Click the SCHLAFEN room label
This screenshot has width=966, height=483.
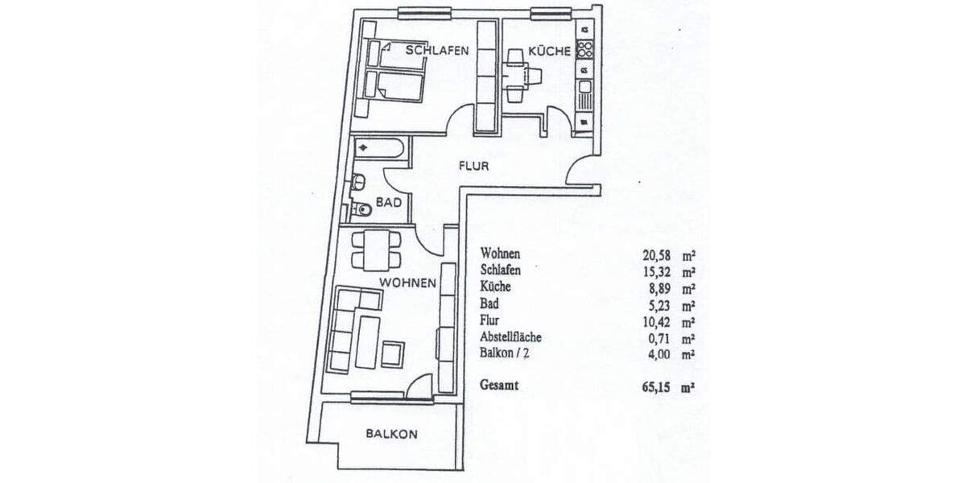tap(437, 50)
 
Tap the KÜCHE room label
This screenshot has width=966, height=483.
tap(550, 51)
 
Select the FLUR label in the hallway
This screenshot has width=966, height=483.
tap(473, 167)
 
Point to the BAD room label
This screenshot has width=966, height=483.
tap(389, 204)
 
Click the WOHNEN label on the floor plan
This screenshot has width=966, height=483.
tap(408, 283)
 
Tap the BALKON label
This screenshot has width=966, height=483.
tap(391, 434)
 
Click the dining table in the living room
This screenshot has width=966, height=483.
tap(377, 250)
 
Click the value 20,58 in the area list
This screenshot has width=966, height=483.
tap(657, 255)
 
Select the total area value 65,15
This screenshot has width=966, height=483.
tap(657, 387)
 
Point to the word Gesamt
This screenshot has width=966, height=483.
tap(499, 386)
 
